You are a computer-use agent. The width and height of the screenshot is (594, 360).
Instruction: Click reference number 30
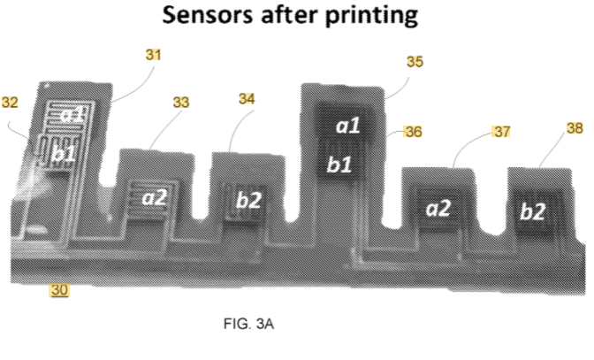click(x=59, y=289)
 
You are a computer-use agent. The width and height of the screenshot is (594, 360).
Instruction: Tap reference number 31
click(x=154, y=54)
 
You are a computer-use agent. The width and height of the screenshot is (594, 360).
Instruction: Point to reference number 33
click(x=180, y=103)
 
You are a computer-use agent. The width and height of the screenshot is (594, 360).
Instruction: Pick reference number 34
click(x=247, y=99)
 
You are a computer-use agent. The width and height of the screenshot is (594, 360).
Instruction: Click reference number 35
click(x=415, y=62)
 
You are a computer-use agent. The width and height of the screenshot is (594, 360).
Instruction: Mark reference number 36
click(x=413, y=132)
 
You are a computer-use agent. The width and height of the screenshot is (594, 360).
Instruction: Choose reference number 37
click(x=502, y=132)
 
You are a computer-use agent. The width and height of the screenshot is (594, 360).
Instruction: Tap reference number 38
click(x=574, y=128)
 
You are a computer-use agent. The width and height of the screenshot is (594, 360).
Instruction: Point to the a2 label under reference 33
click(x=155, y=196)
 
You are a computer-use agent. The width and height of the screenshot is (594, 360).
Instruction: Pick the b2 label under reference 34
click(x=249, y=200)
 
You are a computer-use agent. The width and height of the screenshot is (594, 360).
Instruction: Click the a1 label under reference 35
click(x=348, y=126)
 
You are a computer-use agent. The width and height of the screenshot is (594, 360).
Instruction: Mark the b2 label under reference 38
click(x=534, y=211)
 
